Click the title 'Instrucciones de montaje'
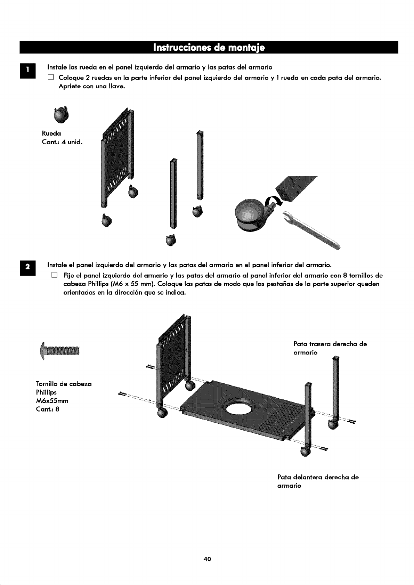[209, 48]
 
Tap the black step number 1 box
[28, 71]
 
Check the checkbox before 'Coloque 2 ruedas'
[50, 77]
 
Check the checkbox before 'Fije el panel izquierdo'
[54, 275]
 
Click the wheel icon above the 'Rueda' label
[62, 114]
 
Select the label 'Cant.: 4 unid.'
[62, 142]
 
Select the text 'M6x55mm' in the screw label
[52, 401]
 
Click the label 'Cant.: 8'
[48, 409]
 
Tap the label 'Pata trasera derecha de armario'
[330, 348]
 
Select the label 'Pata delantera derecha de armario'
[318, 481]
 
